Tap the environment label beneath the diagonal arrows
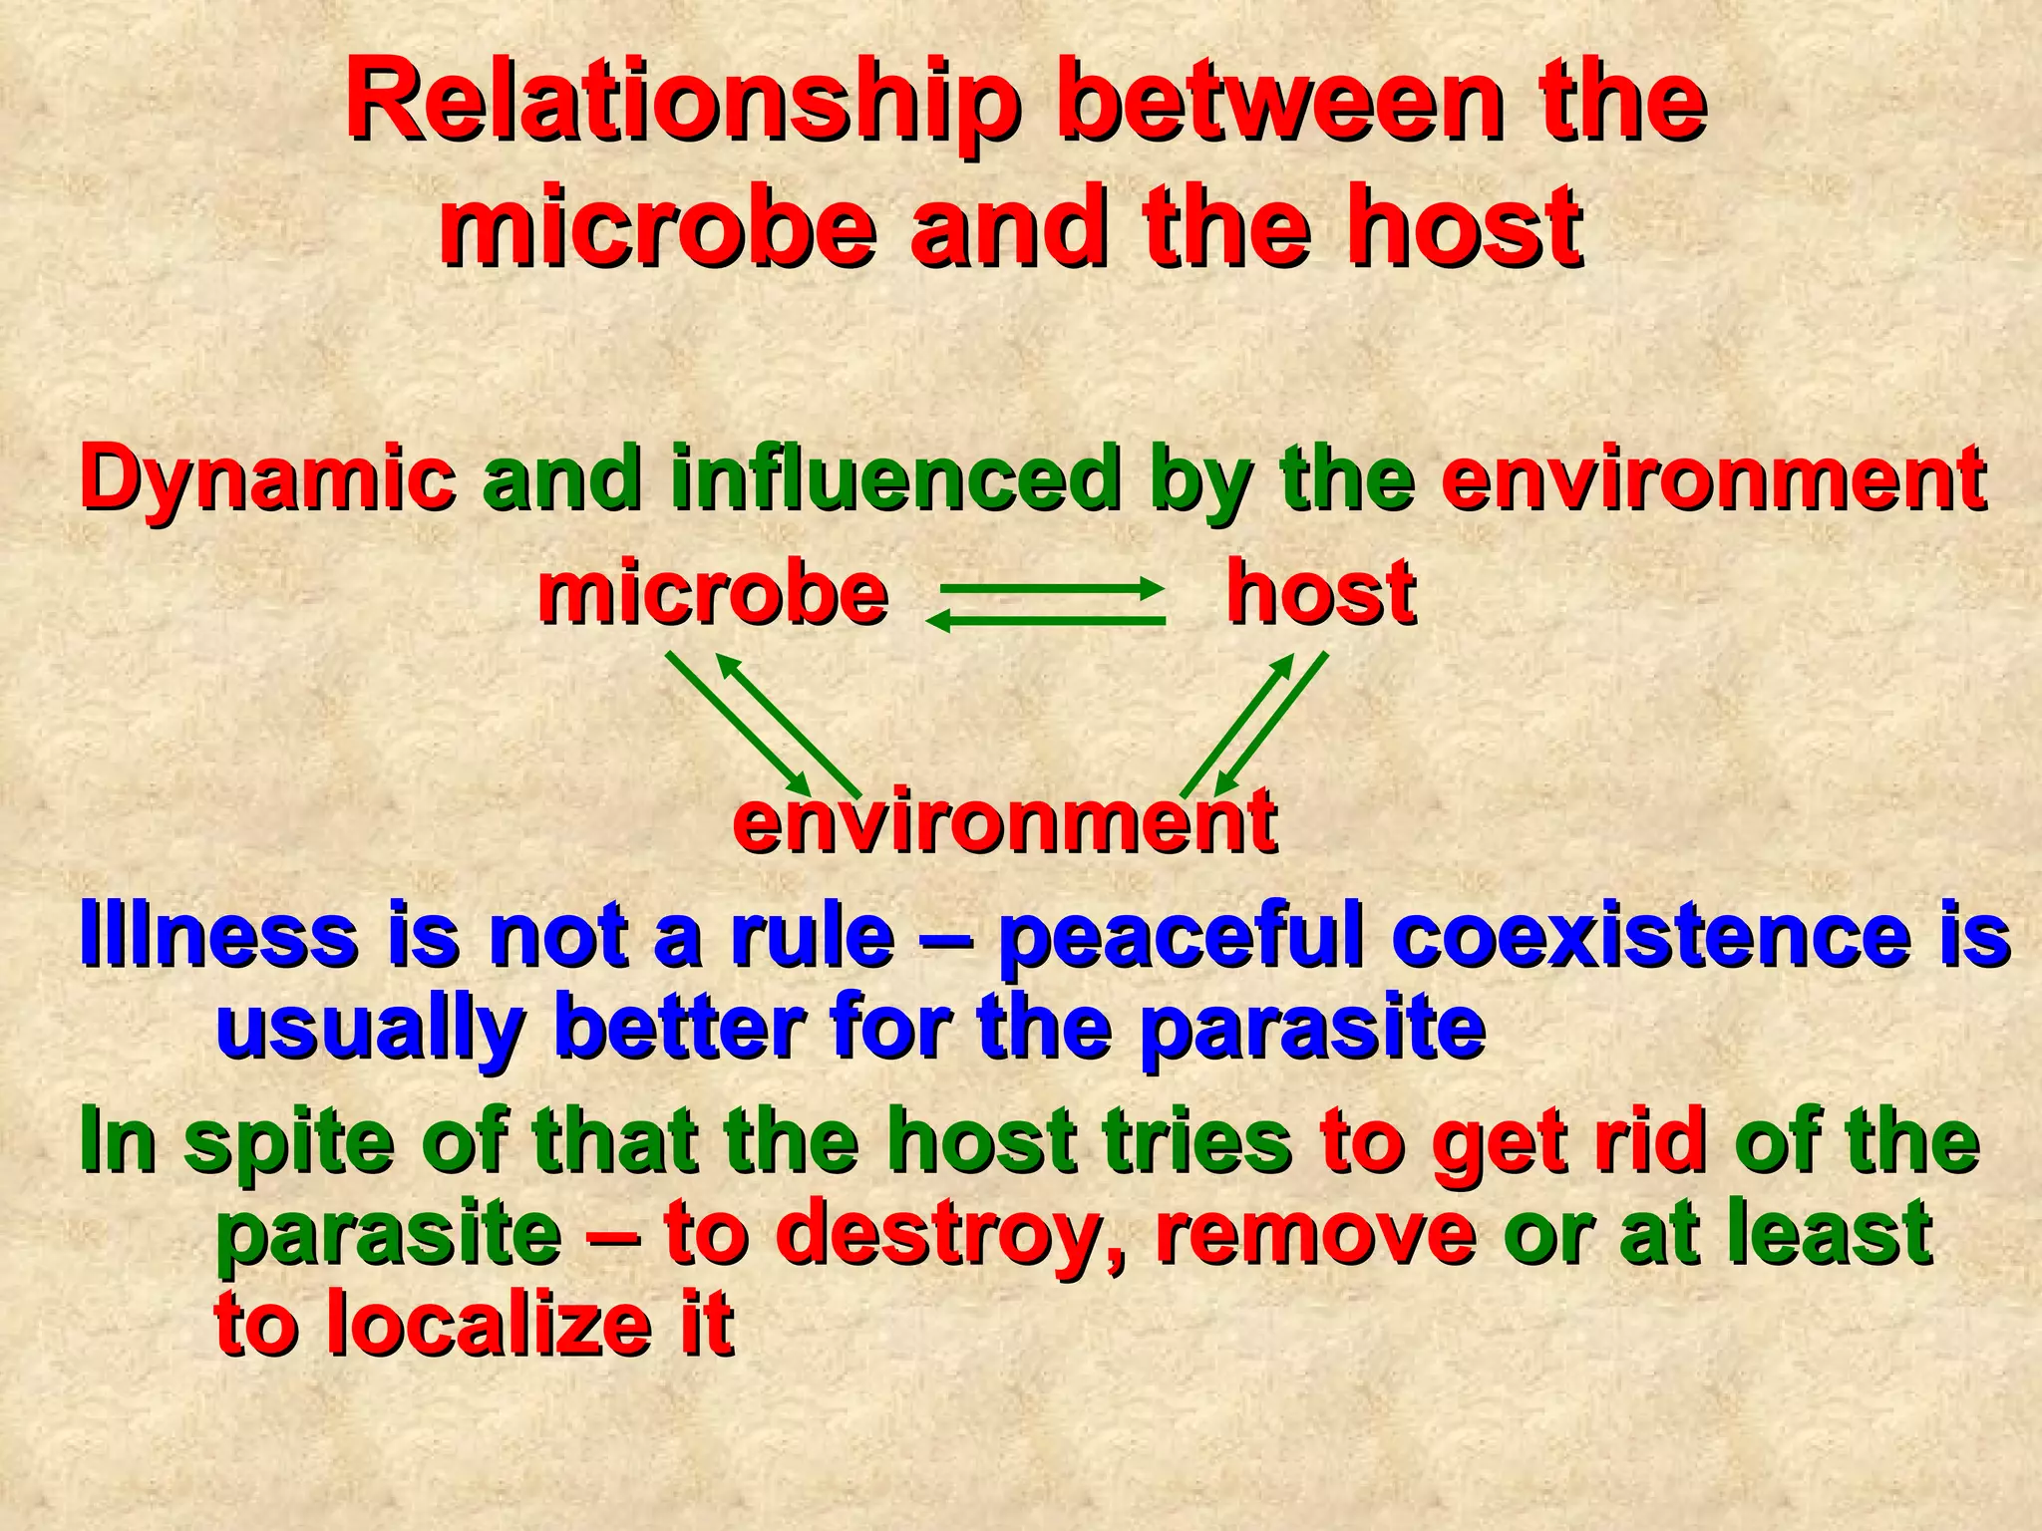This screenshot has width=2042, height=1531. (x=1004, y=821)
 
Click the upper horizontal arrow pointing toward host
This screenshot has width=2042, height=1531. (x=1051, y=589)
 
